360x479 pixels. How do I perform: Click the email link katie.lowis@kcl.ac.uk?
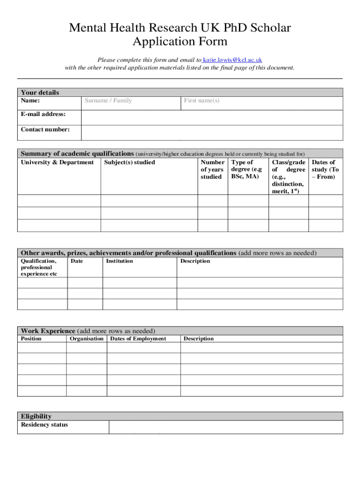pyautogui.click(x=232, y=60)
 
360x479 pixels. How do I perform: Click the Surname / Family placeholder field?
pyautogui.click(x=108, y=101)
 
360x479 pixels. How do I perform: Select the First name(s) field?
pyautogui.click(x=202, y=101)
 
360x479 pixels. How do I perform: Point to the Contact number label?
pyautogui.click(x=45, y=129)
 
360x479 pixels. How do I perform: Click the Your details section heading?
pyautogui.click(x=40, y=93)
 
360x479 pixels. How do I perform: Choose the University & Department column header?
pyautogui.click(x=57, y=162)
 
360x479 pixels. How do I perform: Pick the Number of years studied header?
pyautogui.click(x=212, y=169)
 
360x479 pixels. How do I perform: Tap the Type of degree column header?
pyautogui.click(x=246, y=169)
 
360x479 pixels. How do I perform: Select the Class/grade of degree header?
pyautogui.click(x=288, y=176)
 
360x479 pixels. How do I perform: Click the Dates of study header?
pyautogui.click(x=325, y=169)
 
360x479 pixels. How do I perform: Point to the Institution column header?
pyautogui.click(x=119, y=261)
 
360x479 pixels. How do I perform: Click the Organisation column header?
pyautogui.click(x=86, y=339)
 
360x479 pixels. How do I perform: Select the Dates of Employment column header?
pyautogui.click(x=138, y=339)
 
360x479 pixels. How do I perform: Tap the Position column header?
pyautogui.click(x=31, y=339)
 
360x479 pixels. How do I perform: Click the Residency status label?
pyautogui.click(x=44, y=425)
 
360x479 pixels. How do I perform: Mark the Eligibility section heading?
pyautogui.click(x=36, y=416)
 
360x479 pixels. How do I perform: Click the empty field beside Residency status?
pyautogui.click(x=226, y=427)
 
